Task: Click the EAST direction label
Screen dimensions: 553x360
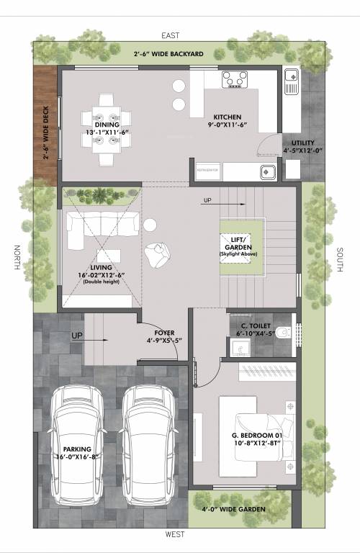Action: [171, 35]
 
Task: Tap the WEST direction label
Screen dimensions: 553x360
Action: [175, 534]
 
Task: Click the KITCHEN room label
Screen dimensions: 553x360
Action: [227, 117]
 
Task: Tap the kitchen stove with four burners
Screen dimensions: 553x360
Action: [234, 80]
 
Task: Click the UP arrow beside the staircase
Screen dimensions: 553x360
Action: [209, 199]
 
